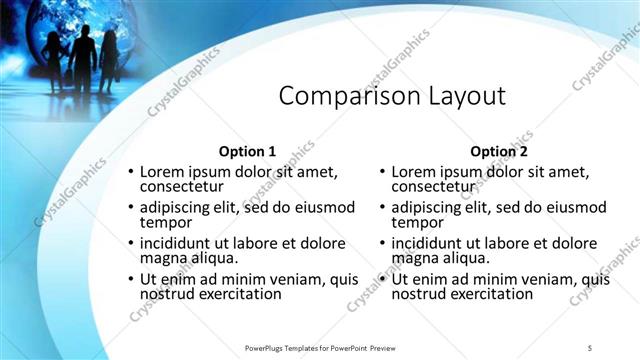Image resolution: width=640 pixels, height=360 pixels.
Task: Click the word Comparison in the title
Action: click(x=339, y=96)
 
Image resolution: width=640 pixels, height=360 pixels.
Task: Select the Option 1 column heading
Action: click(x=247, y=151)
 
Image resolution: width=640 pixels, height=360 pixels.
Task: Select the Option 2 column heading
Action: click(x=498, y=151)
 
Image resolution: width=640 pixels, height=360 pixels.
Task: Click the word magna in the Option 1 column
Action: click(x=162, y=258)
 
